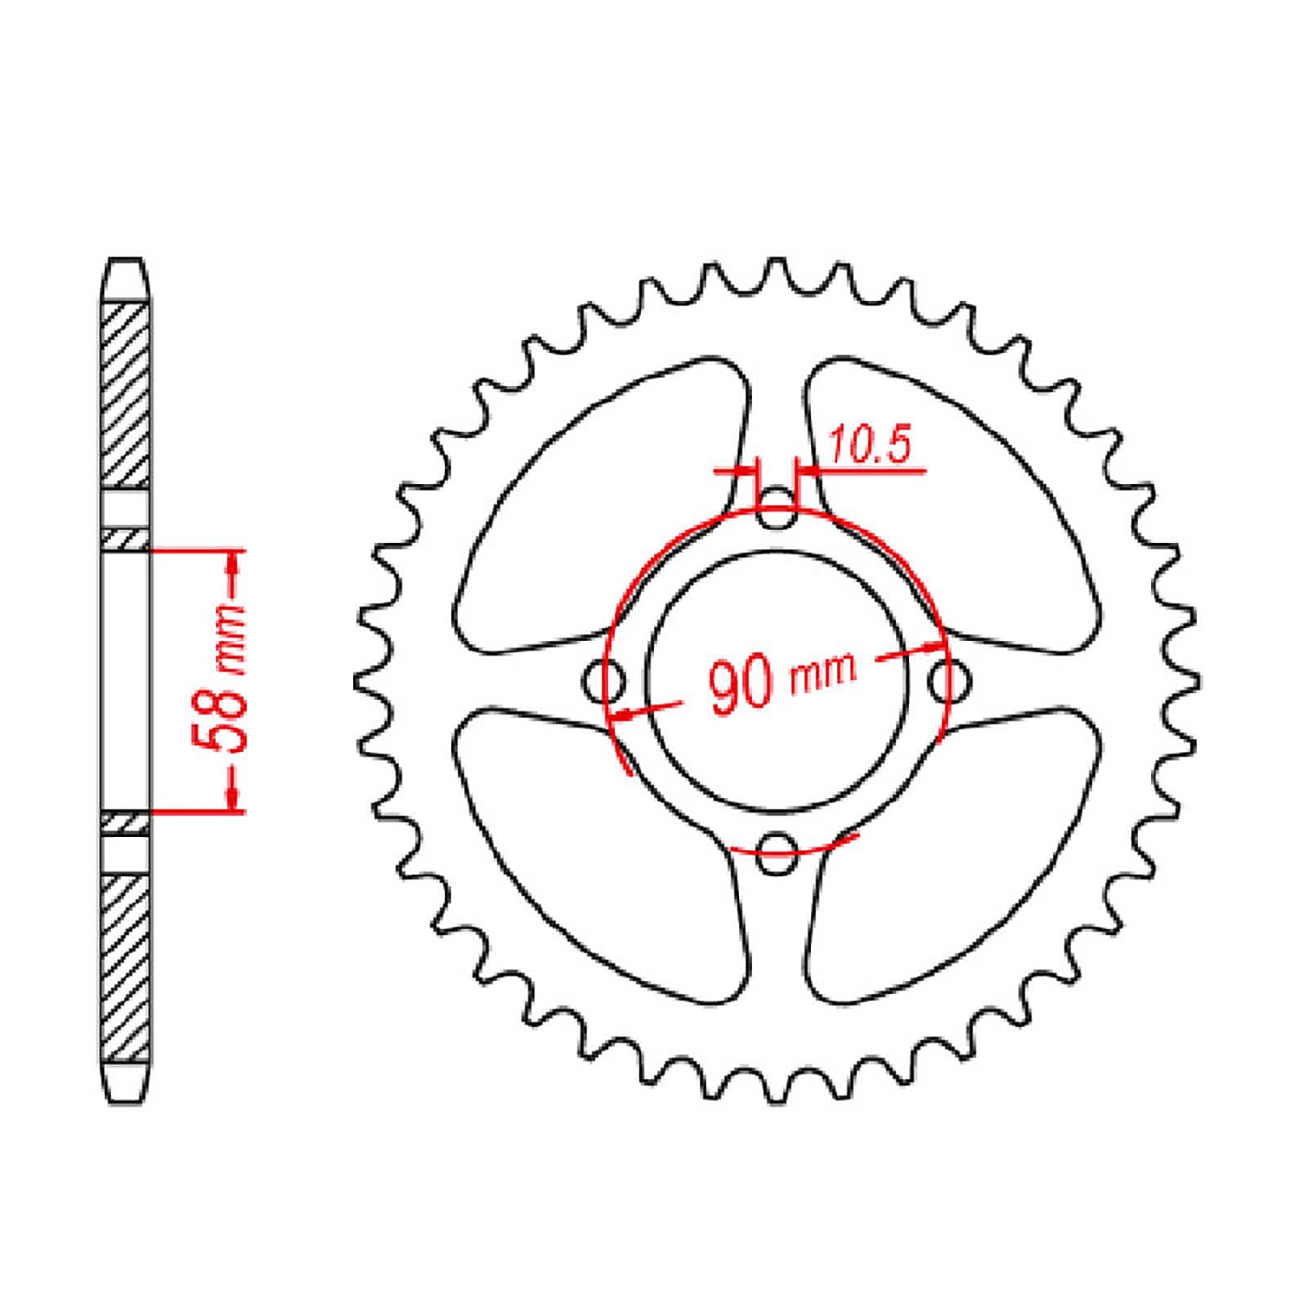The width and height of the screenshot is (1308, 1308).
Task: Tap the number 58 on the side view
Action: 219,714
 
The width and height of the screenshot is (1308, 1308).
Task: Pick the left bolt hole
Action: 606,679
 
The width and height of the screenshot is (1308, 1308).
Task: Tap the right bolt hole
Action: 949,679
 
